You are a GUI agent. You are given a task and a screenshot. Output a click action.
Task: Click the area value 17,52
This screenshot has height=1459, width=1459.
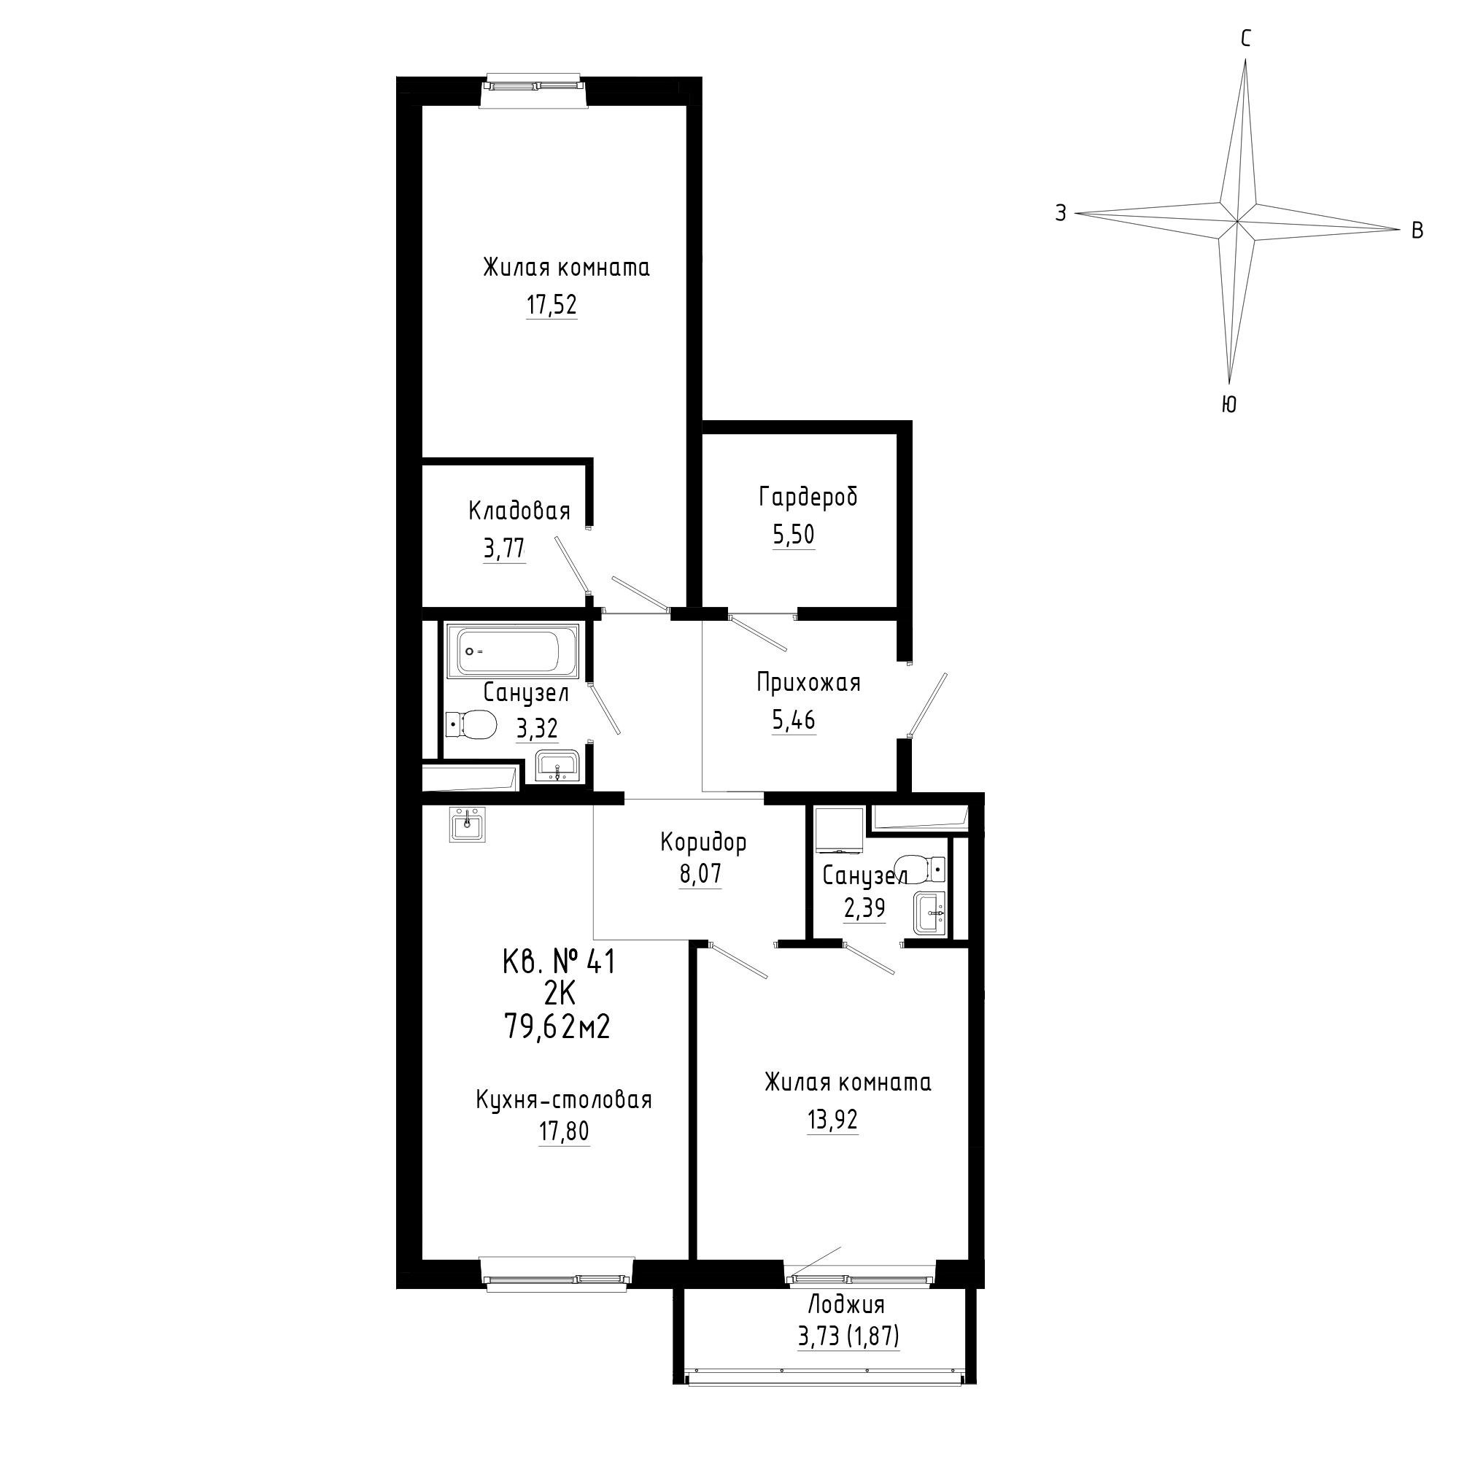click(552, 305)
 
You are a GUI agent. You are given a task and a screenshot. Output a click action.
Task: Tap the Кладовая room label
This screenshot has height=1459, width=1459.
click(519, 511)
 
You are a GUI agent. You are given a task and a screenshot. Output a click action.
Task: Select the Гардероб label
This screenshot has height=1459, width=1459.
click(809, 497)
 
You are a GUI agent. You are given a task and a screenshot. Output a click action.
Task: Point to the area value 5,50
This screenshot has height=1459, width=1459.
click(793, 535)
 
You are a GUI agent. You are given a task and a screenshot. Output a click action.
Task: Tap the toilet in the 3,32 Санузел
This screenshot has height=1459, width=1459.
click(471, 726)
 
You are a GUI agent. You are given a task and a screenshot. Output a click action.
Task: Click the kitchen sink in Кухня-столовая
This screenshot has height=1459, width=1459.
click(468, 824)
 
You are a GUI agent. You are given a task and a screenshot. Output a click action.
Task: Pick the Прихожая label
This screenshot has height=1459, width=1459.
click(809, 683)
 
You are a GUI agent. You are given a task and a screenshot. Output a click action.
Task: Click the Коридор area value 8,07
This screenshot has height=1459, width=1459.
click(701, 875)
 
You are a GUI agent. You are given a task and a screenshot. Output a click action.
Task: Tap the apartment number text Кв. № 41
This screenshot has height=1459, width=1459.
click(560, 962)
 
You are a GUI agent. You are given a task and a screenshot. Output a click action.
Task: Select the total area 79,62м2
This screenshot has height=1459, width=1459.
click(557, 1026)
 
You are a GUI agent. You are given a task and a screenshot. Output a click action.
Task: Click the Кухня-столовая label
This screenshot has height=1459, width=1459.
click(564, 1099)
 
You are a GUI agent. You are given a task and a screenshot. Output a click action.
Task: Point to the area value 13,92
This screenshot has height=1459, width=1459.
click(832, 1120)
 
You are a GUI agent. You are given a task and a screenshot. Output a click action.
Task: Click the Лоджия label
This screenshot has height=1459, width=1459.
click(846, 1305)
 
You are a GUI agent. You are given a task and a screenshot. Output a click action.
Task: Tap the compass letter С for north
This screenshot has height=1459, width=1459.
click(1246, 39)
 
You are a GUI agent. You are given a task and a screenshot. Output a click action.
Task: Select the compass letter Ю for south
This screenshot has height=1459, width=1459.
click(1228, 406)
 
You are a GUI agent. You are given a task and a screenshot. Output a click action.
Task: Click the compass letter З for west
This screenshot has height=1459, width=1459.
click(1061, 214)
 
